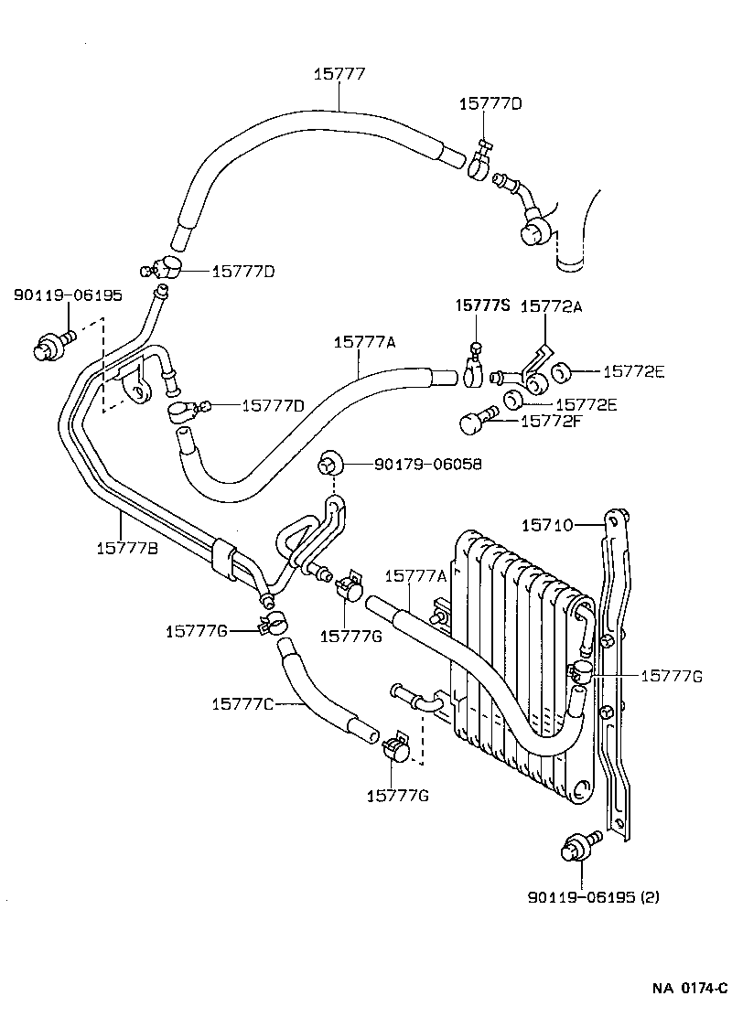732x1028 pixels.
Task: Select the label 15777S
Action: (482, 307)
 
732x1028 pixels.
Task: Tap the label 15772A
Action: (551, 307)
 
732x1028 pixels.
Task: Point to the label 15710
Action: (547, 525)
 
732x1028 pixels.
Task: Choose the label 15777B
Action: (126, 548)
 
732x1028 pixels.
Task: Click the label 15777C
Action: (242, 703)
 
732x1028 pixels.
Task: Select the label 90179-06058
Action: (427, 465)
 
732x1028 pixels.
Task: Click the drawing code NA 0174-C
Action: (690, 988)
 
